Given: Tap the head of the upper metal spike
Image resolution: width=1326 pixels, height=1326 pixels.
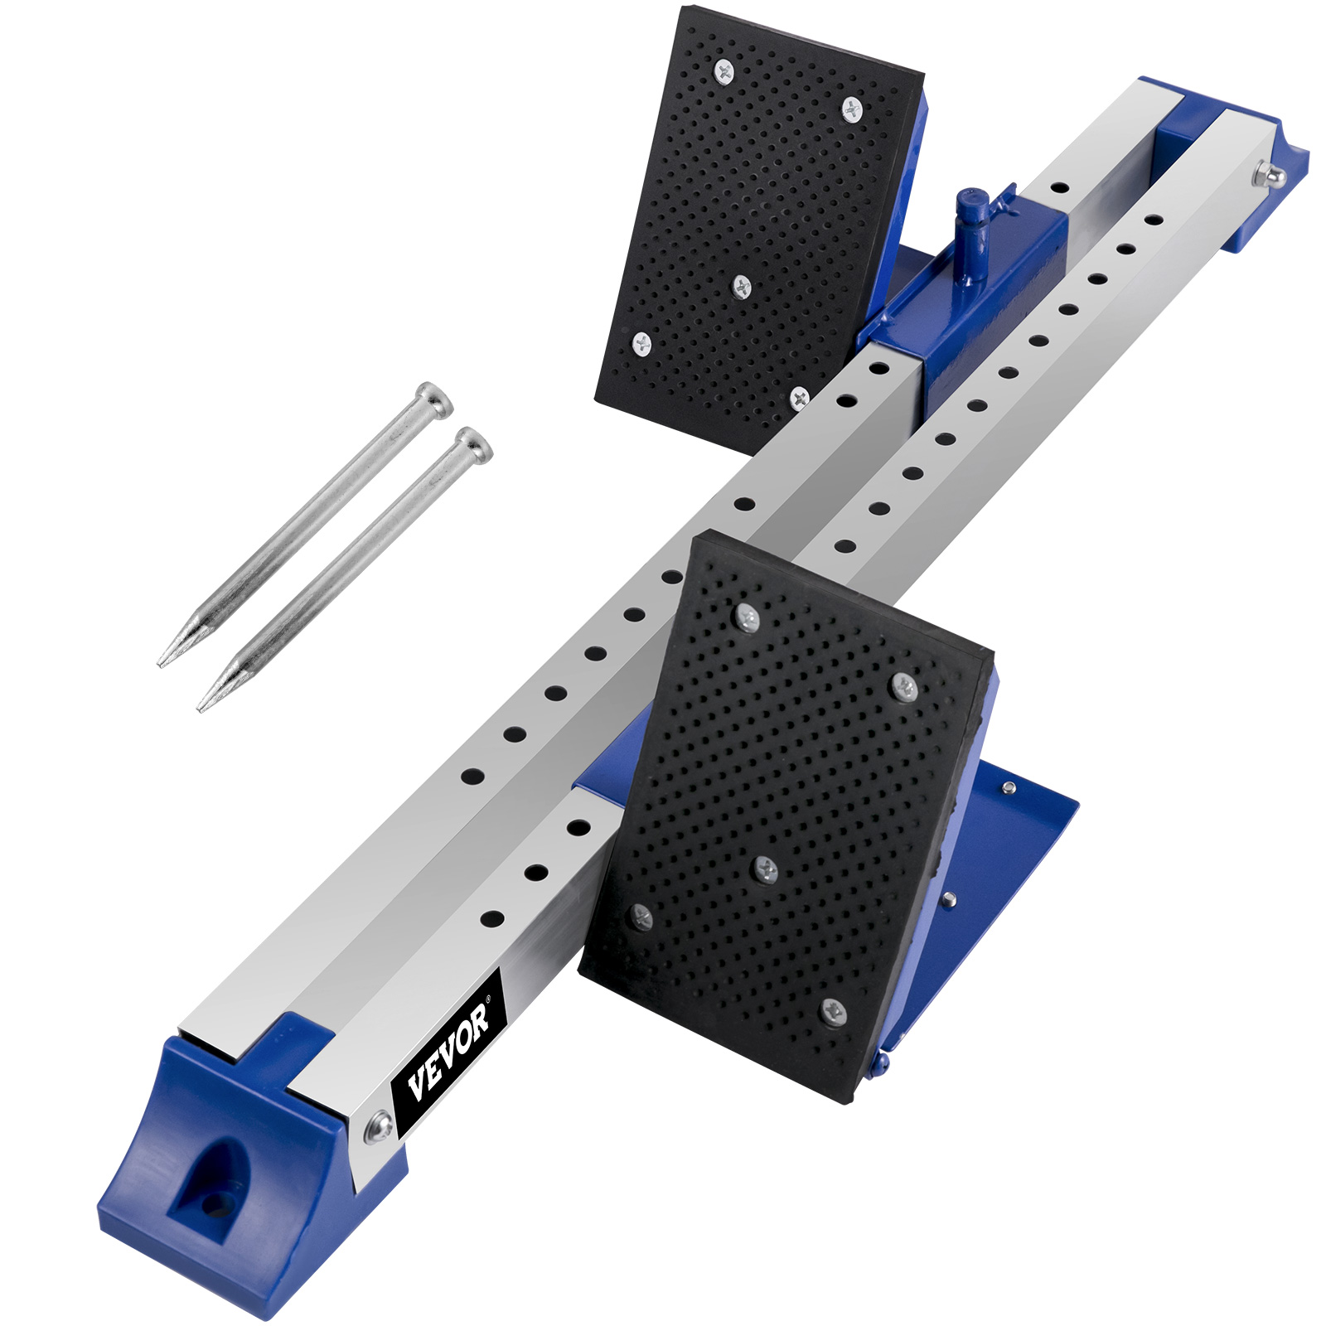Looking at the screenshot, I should [x=434, y=399].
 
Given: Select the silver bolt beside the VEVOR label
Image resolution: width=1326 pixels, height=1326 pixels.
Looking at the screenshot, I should [x=380, y=1126].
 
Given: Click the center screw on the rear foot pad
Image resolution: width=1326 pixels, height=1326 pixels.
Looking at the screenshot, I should [x=741, y=287].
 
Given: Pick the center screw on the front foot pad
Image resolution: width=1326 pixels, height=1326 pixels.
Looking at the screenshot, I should [x=765, y=869].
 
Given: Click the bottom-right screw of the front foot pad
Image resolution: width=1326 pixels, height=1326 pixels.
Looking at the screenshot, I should [x=833, y=1011].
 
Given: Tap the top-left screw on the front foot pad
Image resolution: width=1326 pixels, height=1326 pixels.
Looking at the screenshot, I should [x=747, y=616].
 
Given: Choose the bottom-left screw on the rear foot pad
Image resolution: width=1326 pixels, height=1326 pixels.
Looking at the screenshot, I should [x=642, y=342].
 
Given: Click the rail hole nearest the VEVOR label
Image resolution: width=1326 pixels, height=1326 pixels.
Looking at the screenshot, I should [x=492, y=919].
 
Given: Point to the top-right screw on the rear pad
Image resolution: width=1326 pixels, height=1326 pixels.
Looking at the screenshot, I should [x=852, y=108].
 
